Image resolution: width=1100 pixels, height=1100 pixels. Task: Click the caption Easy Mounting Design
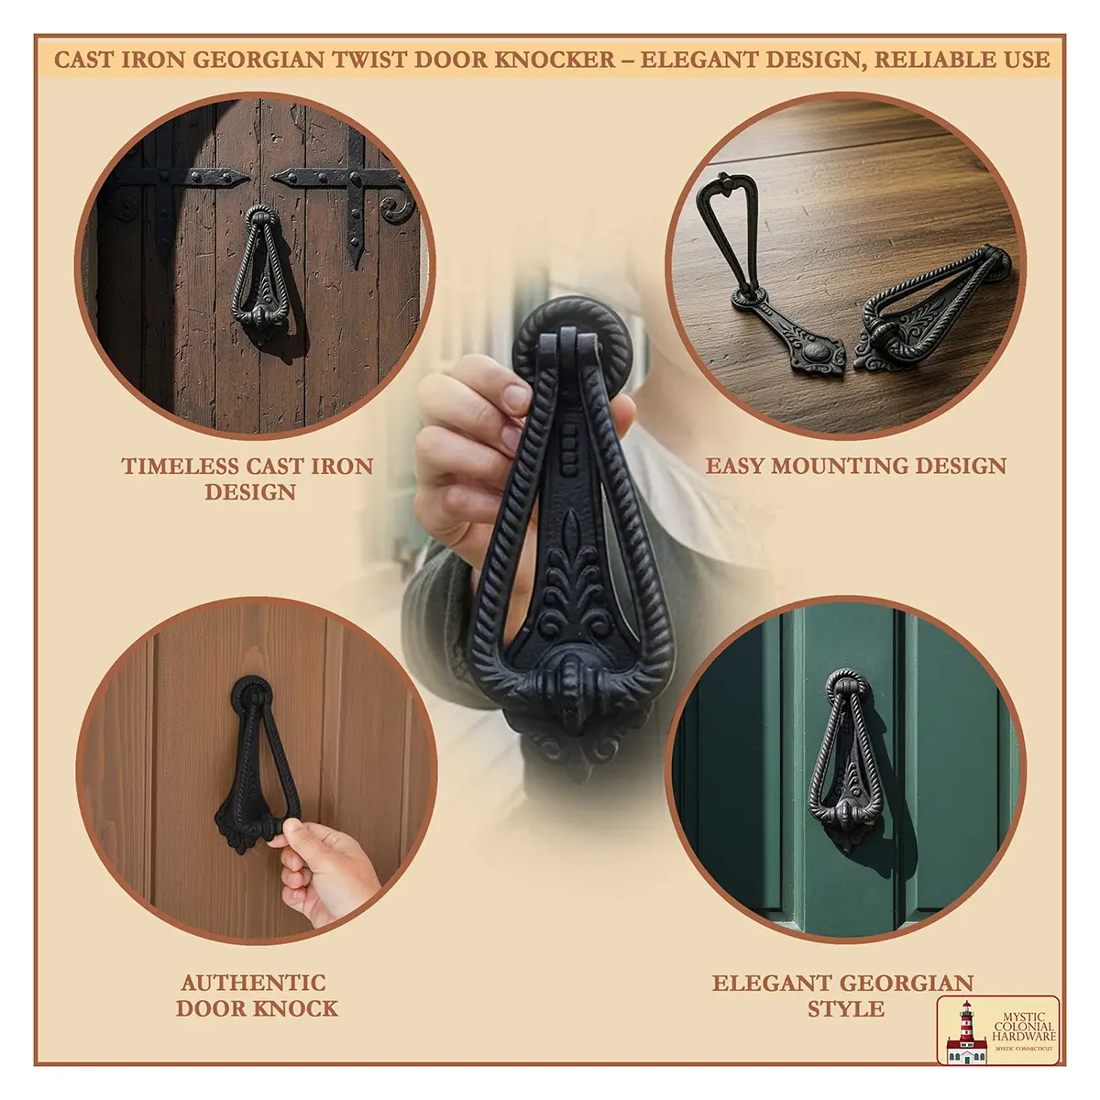pos(855,466)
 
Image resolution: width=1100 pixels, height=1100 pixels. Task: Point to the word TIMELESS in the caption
pos(181,467)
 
